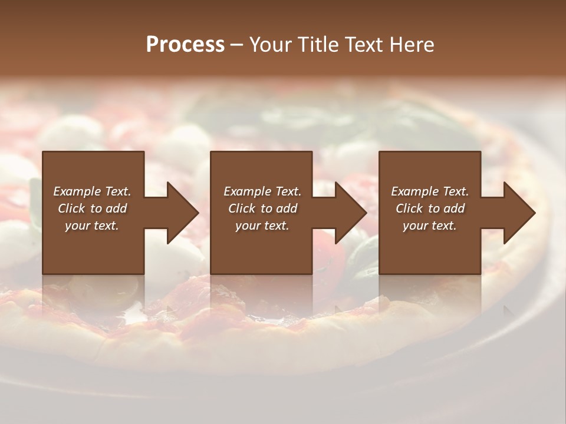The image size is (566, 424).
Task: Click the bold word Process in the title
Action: tap(185, 45)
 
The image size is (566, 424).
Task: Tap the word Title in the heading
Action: tap(318, 45)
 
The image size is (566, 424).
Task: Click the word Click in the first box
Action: tap(71, 208)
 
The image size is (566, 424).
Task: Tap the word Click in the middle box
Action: tap(242, 208)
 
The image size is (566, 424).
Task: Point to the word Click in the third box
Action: tap(409, 208)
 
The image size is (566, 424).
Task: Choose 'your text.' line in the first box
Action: tap(92, 226)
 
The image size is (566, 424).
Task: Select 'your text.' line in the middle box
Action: tap(262, 226)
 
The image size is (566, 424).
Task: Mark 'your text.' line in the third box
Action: tap(430, 226)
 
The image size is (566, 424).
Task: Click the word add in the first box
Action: tap(116, 208)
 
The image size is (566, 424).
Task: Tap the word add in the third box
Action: tap(454, 208)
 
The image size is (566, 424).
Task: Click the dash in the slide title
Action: tap(236, 45)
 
